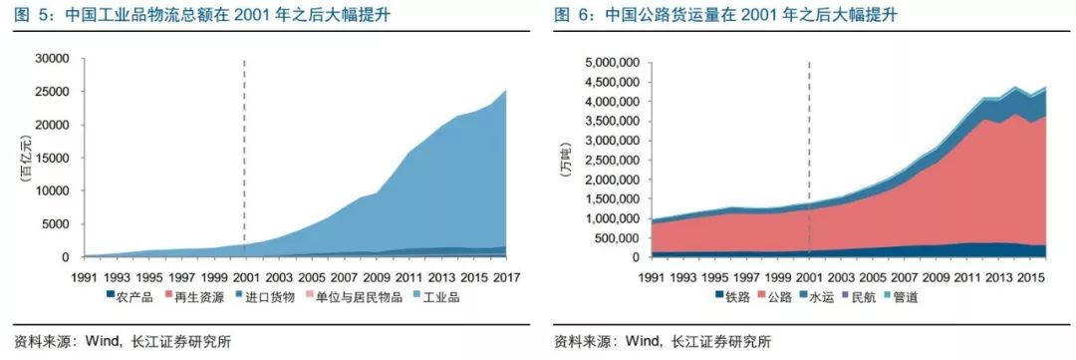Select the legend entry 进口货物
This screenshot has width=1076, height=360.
pyautogui.click(x=272, y=296)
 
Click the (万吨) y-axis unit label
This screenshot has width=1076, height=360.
pyautogui.click(x=566, y=160)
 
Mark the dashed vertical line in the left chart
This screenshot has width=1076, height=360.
pyautogui.click(x=244, y=150)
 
